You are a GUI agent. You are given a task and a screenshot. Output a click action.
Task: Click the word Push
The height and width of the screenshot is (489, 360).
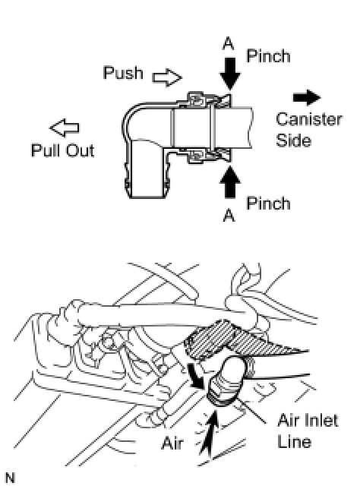(x=123, y=73)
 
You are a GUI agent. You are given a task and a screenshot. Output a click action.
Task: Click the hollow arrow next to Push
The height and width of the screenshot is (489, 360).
(x=167, y=77)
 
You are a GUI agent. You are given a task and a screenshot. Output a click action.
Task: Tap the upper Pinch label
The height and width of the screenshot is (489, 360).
(x=268, y=56)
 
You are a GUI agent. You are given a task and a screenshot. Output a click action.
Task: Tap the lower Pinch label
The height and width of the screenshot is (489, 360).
(x=268, y=203)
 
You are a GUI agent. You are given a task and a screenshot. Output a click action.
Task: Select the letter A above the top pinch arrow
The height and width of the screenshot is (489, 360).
(x=229, y=43)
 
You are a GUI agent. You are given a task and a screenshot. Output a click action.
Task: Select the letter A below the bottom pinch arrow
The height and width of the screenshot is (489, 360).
(x=229, y=215)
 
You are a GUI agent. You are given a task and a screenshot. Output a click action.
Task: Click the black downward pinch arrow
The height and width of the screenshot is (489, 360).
(x=230, y=74)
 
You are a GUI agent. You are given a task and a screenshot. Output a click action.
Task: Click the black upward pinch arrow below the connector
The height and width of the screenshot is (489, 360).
(x=230, y=182)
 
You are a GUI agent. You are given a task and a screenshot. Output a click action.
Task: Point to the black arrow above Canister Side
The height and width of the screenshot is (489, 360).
(x=307, y=98)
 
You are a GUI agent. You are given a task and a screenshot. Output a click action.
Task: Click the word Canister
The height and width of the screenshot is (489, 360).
(x=309, y=119)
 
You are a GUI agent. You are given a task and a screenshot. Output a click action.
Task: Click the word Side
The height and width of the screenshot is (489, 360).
(x=294, y=140)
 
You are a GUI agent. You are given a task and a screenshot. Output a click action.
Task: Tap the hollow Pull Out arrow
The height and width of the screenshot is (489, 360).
(x=65, y=128)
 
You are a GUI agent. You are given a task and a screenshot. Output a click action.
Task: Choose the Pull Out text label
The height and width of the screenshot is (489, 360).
(x=62, y=150)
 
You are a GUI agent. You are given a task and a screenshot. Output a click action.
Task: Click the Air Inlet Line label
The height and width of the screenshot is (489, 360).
(x=308, y=431)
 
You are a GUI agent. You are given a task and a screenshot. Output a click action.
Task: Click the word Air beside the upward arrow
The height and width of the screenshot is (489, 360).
(x=172, y=443)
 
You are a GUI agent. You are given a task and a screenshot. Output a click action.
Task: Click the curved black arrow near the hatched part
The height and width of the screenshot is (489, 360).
(x=195, y=376)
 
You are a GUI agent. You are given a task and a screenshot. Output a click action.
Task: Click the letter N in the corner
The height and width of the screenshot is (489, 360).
(x=11, y=478)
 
